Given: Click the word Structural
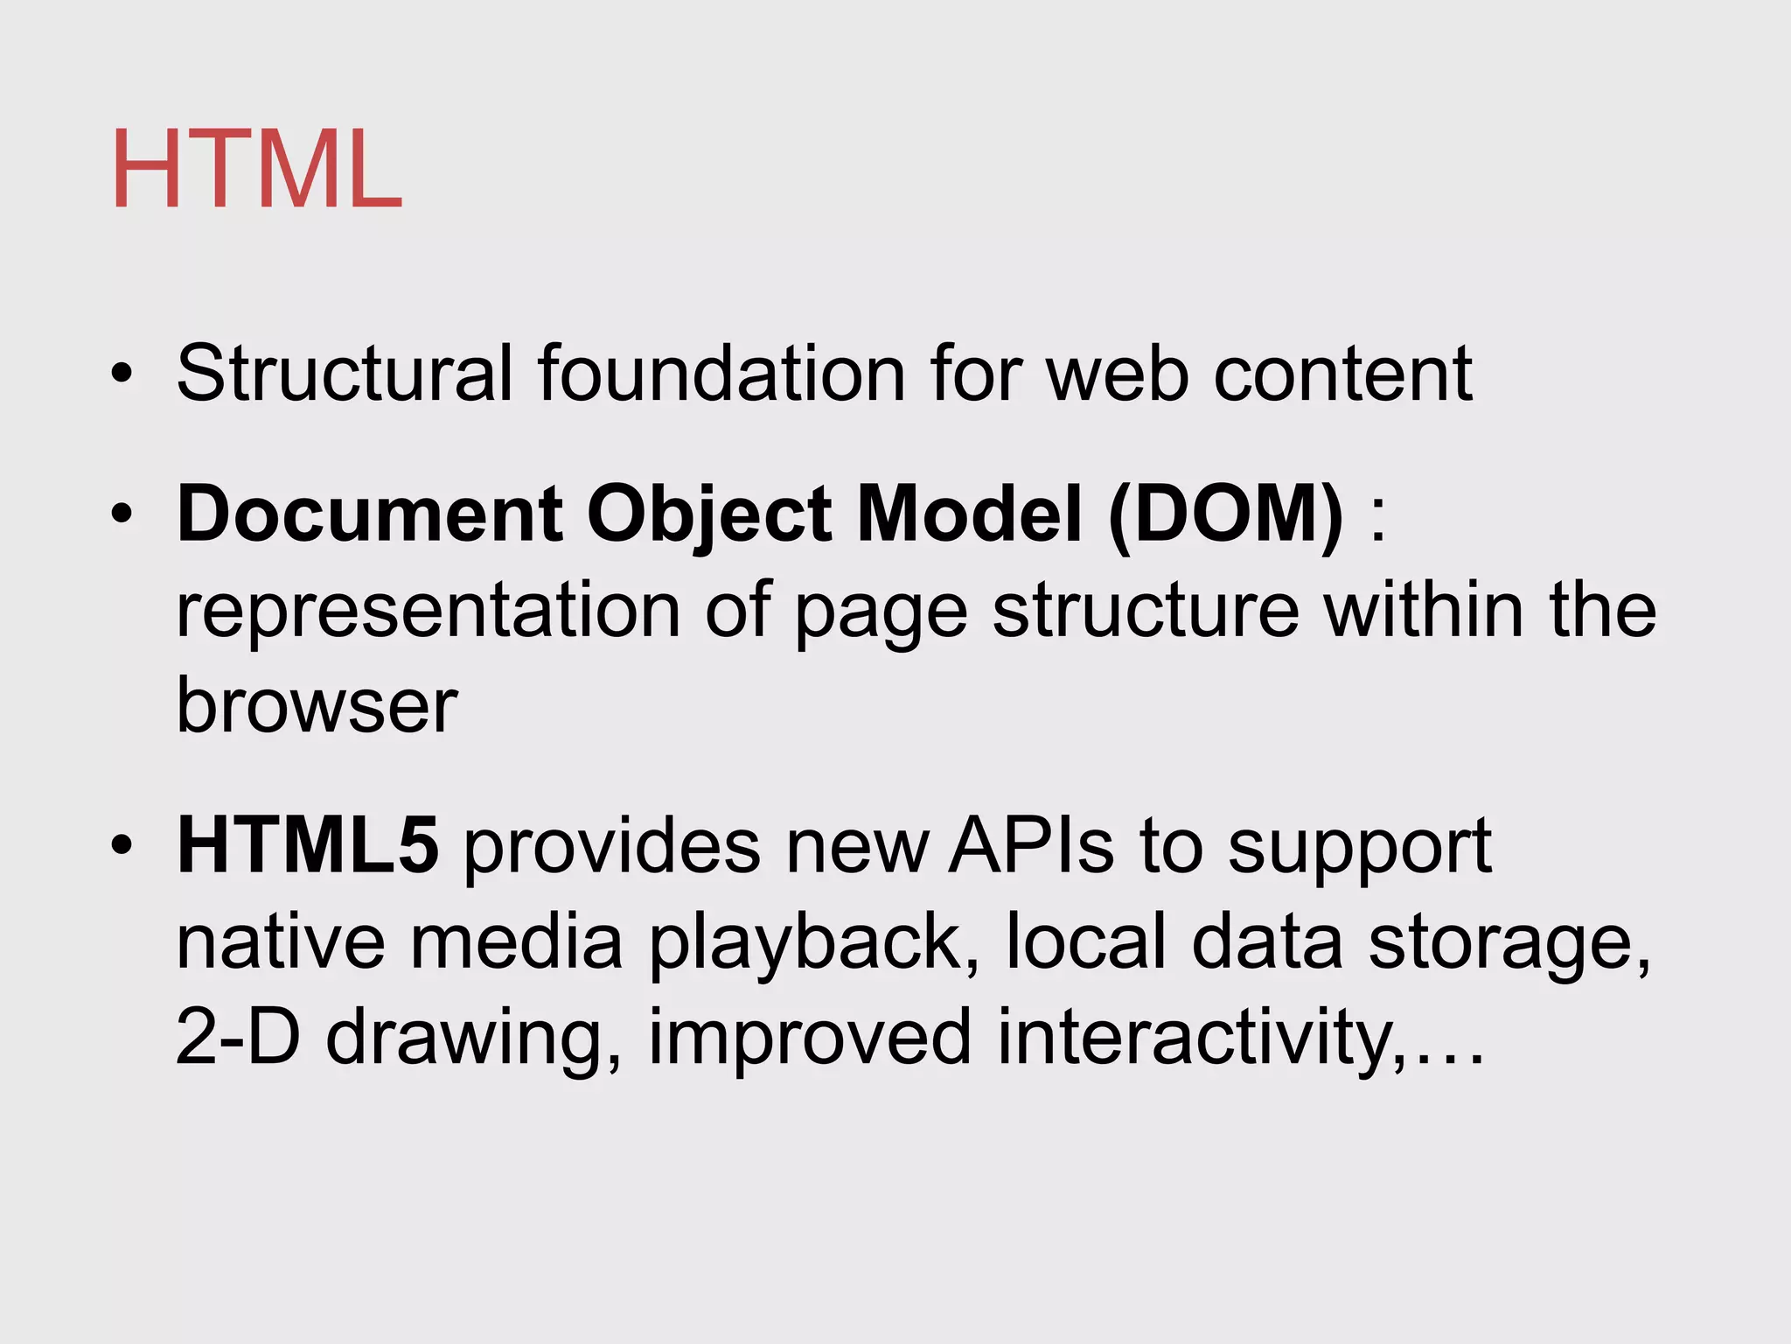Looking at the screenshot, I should [344, 374].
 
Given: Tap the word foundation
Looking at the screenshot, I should [721, 374].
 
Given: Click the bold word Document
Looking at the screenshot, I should [370, 514].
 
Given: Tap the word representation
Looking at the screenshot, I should [429, 612].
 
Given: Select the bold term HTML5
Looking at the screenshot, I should [308, 846].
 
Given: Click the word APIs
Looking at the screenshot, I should [1031, 846].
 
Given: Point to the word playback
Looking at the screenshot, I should [804, 944].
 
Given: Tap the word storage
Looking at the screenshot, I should [1509, 944].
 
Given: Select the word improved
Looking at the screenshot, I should [810, 1039].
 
